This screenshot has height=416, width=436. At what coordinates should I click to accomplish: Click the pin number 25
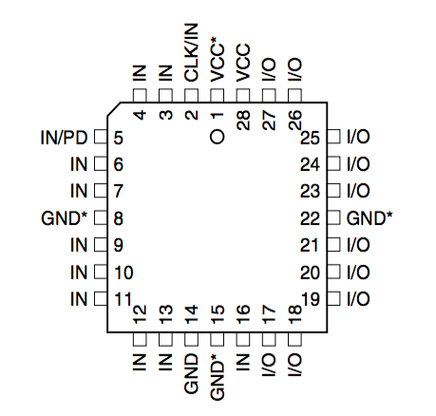point(311,138)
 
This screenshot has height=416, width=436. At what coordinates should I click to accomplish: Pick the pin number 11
point(123,299)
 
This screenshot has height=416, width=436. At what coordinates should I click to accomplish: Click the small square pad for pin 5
point(100,138)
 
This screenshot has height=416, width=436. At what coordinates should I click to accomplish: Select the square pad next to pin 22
point(333,218)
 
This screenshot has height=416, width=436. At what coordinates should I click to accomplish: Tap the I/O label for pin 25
point(358,138)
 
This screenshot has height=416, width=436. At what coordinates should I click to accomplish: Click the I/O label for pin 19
point(358,299)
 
